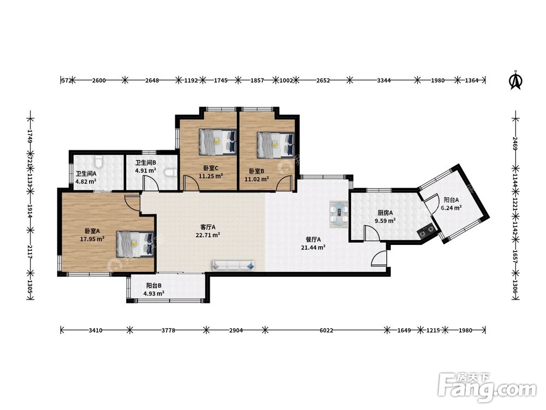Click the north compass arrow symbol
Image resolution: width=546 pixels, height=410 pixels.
point(516,80)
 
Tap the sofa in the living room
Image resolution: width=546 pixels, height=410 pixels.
point(233,266)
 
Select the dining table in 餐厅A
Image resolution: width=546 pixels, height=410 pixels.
point(339,214)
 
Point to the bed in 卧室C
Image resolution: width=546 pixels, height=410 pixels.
point(218,142)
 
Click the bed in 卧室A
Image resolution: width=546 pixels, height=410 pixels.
point(135,244)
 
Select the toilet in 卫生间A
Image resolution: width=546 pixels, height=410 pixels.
point(98,161)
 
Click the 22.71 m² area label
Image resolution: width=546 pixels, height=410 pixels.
point(207,235)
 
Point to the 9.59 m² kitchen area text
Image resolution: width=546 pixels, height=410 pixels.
point(385,221)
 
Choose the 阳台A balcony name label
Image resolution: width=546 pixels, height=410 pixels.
point(452,200)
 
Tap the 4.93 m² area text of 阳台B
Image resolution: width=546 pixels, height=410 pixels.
point(154,294)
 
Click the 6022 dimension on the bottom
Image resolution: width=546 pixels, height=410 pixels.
point(327,330)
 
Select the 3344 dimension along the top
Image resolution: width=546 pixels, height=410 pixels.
point(384,80)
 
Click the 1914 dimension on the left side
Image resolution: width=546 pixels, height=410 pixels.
point(31,211)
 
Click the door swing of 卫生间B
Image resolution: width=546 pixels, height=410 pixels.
point(150,183)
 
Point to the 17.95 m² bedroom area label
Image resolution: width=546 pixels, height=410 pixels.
point(92,239)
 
